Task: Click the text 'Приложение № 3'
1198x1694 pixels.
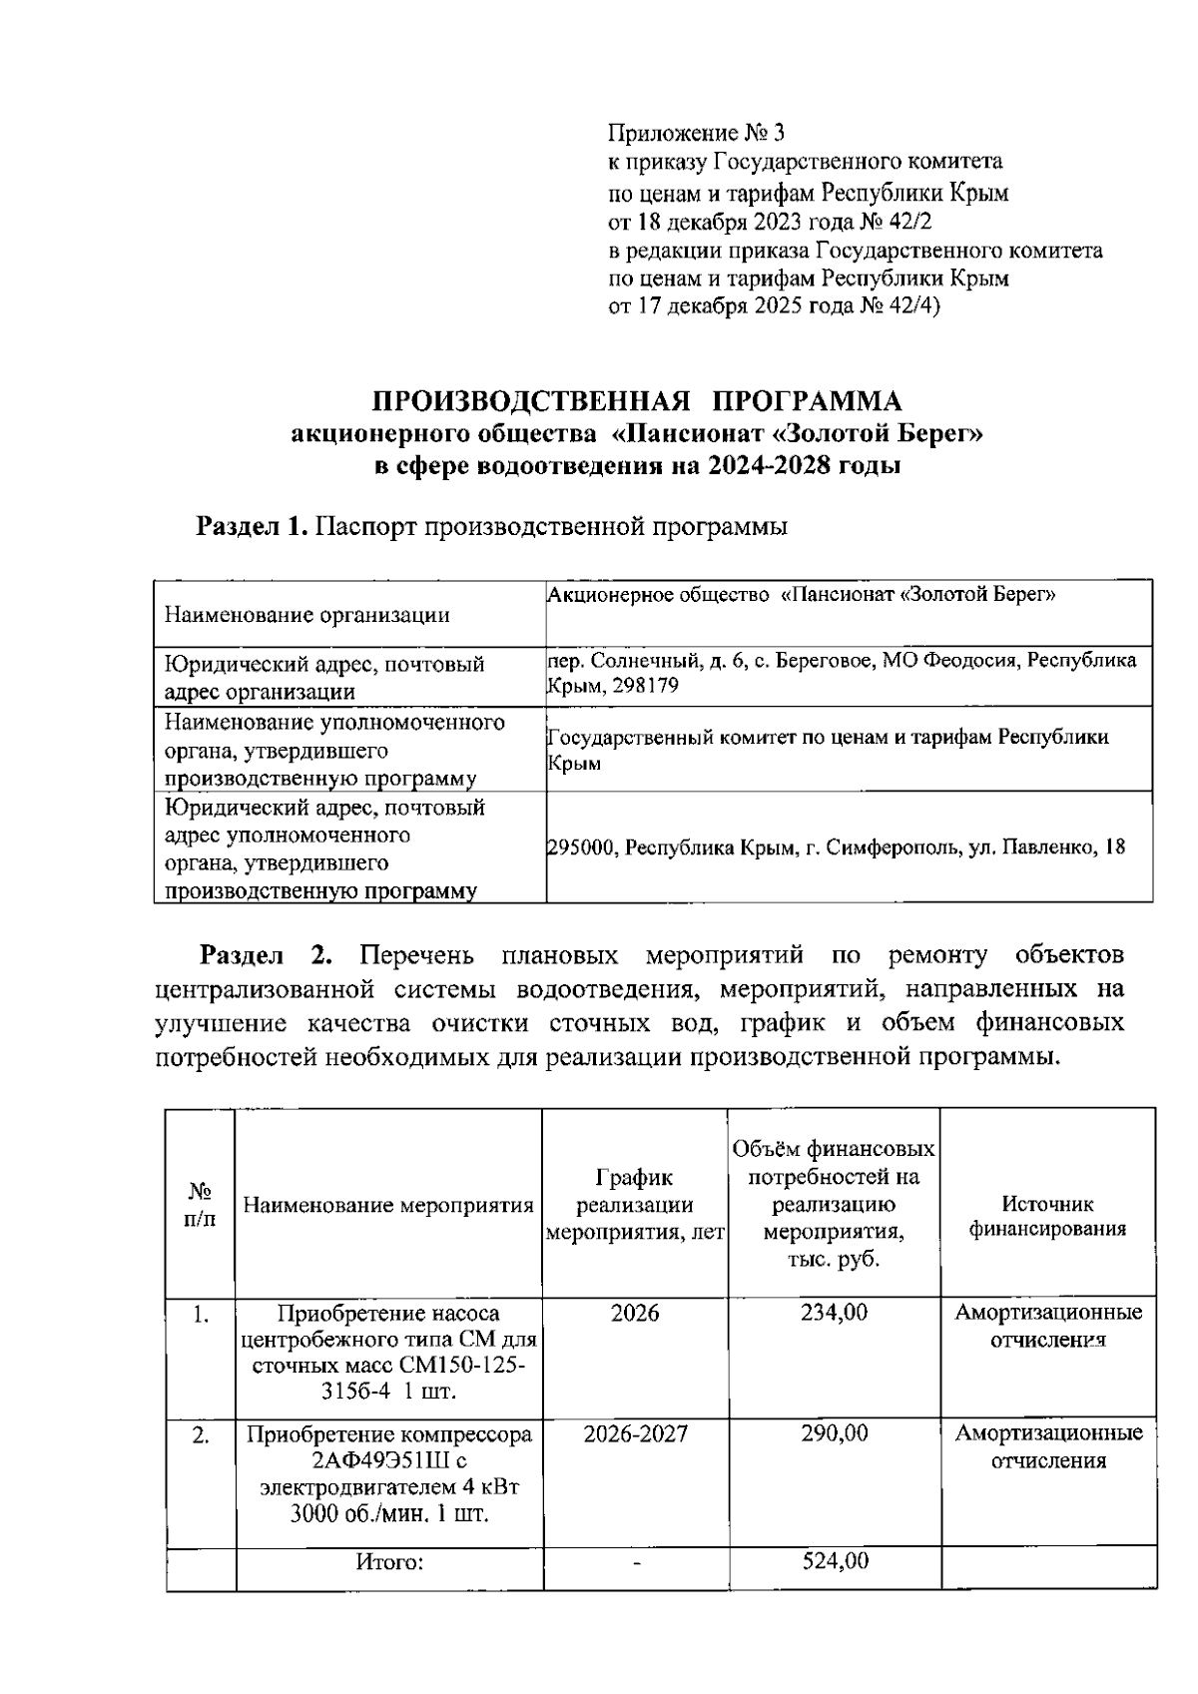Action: [x=698, y=133]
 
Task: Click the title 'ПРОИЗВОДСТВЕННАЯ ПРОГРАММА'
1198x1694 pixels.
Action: [x=637, y=401]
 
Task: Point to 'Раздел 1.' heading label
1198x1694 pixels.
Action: [x=251, y=526]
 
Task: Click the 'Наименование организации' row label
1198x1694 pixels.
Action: [x=306, y=615]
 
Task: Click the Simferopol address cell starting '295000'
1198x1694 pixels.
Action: [x=836, y=847]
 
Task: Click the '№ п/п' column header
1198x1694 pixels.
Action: [x=201, y=1204]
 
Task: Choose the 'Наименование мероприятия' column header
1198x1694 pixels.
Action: [x=388, y=1205]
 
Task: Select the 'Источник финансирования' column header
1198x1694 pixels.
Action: [x=1047, y=1217]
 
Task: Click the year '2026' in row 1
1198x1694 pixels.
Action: [x=635, y=1313]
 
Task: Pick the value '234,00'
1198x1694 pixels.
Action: [x=835, y=1313]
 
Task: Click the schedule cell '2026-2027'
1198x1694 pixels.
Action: [x=635, y=1434]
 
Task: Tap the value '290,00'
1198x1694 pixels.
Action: [x=835, y=1434]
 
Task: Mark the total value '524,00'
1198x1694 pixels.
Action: [x=835, y=1561]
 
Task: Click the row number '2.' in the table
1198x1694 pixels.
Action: [x=201, y=1435]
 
